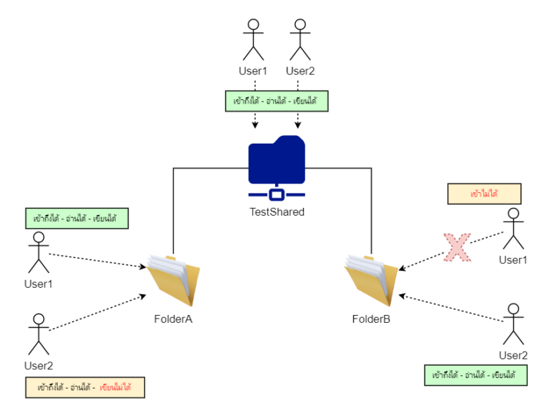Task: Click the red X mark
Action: pyautogui.click(x=456, y=246)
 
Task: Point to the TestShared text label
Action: pyautogui.click(x=277, y=211)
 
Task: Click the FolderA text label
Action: pyautogui.click(x=173, y=319)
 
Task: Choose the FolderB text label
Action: pyautogui.click(x=370, y=319)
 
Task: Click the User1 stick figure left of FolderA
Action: pyautogui.click(x=38, y=253)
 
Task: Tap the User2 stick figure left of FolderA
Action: pyautogui.click(x=38, y=334)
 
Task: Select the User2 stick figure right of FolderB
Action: pyautogui.click(x=513, y=324)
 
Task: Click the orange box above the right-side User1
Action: pyautogui.click(x=484, y=194)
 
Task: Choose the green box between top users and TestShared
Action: pyautogui.click(x=276, y=101)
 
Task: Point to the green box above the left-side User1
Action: pyautogui.click(x=75, y=218)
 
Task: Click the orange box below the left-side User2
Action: pyautogui.click(x=84, y=388)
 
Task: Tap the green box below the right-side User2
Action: pyautogui.click(x=475, y=374)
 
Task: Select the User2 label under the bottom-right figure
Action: pyautogui.click(x=513, y=355)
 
